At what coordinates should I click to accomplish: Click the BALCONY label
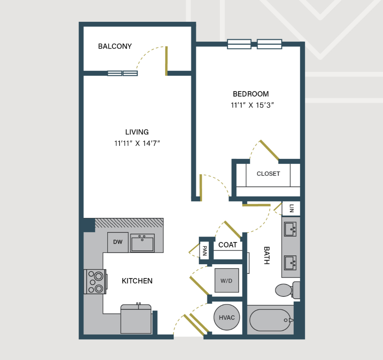point(115,46)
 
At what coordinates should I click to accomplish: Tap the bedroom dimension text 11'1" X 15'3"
point(252,105)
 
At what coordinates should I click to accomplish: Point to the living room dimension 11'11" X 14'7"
point(137,143)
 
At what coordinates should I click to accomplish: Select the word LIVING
point(137,132)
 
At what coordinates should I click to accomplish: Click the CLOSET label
point(268,173)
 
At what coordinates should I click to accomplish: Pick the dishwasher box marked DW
point(118,242)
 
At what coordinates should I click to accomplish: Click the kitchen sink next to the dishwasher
point(142,243)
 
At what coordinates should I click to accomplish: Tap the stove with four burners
point(95,281)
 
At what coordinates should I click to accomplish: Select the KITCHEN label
point(137,281)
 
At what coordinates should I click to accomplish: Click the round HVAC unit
point(227,317)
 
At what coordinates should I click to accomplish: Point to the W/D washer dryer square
point(227,280)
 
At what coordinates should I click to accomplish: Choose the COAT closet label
point(228,245)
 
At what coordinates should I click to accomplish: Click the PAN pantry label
point(205,250)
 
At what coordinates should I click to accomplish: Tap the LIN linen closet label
point(291,208)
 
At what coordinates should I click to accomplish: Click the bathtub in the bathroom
point(270,320)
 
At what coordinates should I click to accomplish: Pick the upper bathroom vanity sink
point(290,229)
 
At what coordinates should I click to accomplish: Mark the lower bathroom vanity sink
point(290,263)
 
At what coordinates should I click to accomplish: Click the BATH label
point(267,255)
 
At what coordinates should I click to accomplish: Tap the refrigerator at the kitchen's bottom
point(136,319)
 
